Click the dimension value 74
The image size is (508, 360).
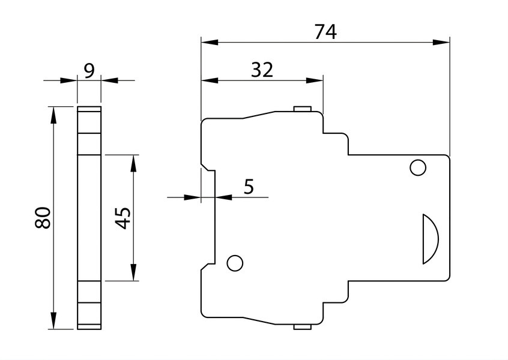tap(325, 32)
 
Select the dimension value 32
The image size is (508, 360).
tap(262, 70)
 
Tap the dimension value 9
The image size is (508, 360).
tap(89, 71)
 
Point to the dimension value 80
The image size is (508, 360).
tap(43, 218)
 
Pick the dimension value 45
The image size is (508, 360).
tap(123, 218)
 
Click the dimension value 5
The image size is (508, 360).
tap(249, 187)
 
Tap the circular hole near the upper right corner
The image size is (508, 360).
tap(418, 167)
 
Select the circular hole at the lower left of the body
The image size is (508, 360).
tap(235, 263)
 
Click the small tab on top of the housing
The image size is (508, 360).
tap(303, 109)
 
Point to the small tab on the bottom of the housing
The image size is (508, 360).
tap(303, 327)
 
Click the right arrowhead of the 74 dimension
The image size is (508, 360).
tap(441, 42)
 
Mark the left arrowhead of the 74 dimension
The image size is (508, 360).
tap(210, 42)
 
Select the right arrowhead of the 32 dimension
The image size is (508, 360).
tap(315, 80)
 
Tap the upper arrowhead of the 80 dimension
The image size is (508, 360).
tap(53, 115)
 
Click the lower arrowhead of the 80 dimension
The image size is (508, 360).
tap(53, 320)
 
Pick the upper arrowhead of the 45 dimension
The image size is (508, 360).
tap(133, 163)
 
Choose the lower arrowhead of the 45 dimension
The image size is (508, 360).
tap(133, 272)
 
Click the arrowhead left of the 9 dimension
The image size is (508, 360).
tap(68, 80)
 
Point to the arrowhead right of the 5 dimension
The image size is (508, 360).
tap(224, 197)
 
